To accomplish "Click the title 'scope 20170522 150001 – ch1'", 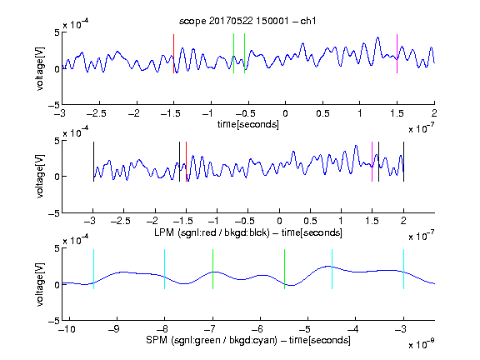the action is click(247, 21).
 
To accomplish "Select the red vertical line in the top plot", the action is click(173, 54).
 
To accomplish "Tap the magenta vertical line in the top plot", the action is click(397, 54).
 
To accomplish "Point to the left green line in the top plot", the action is click(233, 53).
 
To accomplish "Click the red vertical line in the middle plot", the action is click(186, 162).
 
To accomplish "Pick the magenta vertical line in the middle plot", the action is click(372, 162).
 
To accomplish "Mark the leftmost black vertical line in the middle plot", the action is click(93, 162).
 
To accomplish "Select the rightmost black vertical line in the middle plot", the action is click(403, 162).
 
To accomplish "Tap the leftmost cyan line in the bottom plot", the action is click(93, 269).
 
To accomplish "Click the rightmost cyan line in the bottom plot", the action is click(403, 269).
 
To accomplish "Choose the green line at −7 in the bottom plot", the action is click(212, 269).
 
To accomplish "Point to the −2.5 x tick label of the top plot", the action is click(97, 113).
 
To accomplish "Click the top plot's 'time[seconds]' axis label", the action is click(248, 124).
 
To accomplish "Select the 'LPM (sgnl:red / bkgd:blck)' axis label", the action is click(212, 232).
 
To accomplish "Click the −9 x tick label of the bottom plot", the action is click(113, 329).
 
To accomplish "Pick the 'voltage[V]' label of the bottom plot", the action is click(40, 285).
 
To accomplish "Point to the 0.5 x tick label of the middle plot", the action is click(310, 221).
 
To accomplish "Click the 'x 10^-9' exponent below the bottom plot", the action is click(421, 343).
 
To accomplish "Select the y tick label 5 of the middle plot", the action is click(57, 141).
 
